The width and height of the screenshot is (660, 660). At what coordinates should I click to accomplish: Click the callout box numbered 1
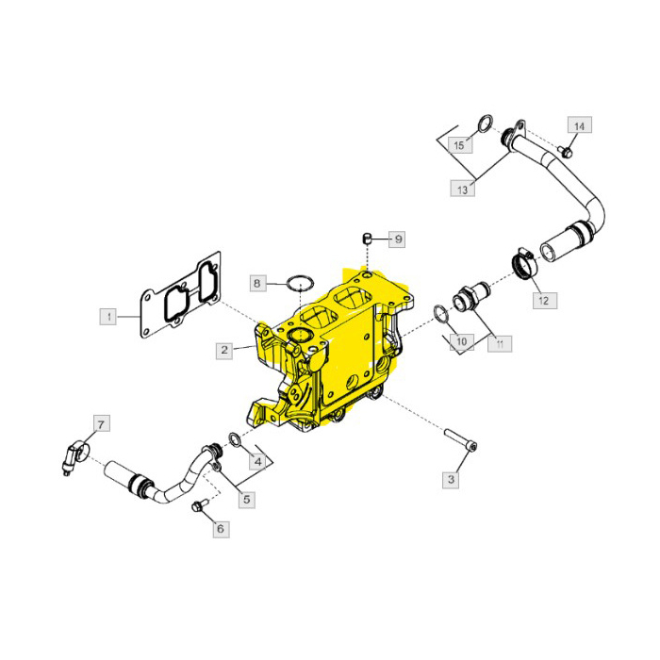coord(109,316)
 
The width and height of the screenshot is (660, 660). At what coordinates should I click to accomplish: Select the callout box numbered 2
coord(224,351)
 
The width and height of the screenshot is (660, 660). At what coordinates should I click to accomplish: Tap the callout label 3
coord(451,480)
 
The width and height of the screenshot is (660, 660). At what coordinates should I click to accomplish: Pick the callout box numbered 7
coord(101,422)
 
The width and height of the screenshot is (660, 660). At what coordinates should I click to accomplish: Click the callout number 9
coord(398,239)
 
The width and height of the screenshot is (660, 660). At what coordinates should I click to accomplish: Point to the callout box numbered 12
coord(543,301)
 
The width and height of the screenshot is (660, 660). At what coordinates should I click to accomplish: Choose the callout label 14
coord(579,126)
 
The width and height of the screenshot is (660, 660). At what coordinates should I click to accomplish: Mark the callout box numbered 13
coord(462,190)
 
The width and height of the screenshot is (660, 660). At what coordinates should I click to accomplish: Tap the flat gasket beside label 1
coord(181,301)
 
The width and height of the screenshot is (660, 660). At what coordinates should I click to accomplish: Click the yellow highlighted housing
coord(335,349)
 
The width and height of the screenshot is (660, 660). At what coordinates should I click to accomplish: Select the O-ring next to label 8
coord(301,281)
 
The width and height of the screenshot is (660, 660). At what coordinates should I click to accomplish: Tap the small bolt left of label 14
coord(563,151)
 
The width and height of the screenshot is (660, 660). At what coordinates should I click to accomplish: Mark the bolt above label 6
coord(197,508)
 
